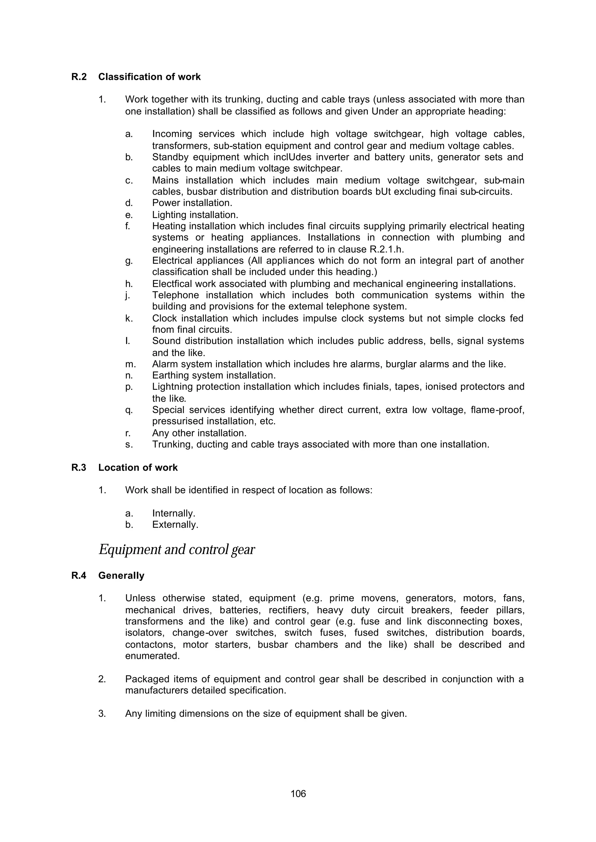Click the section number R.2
[x=79, y=77]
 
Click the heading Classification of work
[x=149, y=77]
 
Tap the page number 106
[x=298, y=794]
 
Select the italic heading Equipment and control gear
[x=177, y=549]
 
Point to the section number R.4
[x=79, y=575]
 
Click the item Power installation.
[x=192, y=203]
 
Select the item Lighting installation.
[x=195, y=215]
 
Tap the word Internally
[x=173, y=513]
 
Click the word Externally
[x=175, y=524]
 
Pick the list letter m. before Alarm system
[x=130, y=364]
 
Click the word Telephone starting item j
[x=175, y=295]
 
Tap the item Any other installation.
[x=199, y=433]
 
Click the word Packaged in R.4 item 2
[x=146, y=679]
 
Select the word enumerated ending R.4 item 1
[x=152, y=656]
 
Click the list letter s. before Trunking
[x=129, y=444]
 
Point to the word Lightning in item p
[x=171, y=387]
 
